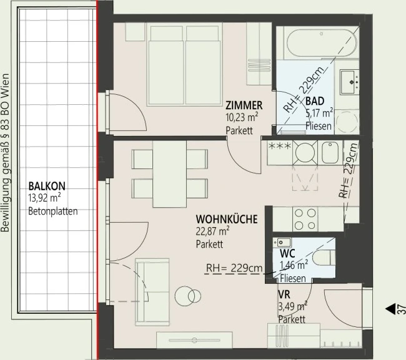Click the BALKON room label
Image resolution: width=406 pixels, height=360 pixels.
47,186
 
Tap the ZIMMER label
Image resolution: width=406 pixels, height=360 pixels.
244,105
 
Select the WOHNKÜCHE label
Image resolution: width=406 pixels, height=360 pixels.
227,220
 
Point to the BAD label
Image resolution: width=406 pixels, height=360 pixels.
315,101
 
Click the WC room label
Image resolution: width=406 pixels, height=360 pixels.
287,254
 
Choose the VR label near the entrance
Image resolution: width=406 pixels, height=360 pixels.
284,294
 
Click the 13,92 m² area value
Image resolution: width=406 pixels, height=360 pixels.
44,198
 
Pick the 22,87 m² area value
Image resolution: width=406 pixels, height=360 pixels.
212,231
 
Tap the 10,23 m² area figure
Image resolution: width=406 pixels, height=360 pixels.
242,117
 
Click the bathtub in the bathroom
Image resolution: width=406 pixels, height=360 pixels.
321,43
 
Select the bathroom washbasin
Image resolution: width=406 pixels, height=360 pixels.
349,82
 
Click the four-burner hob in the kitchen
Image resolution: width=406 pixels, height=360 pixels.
305,219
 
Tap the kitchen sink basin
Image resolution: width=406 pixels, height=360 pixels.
330,153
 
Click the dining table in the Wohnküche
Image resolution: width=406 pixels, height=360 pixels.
170,174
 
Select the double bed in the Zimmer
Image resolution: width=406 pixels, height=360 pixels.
185,65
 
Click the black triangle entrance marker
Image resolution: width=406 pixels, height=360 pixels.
390,309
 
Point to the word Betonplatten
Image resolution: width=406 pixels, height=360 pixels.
53,212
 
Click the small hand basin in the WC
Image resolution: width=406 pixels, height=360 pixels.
282,242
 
